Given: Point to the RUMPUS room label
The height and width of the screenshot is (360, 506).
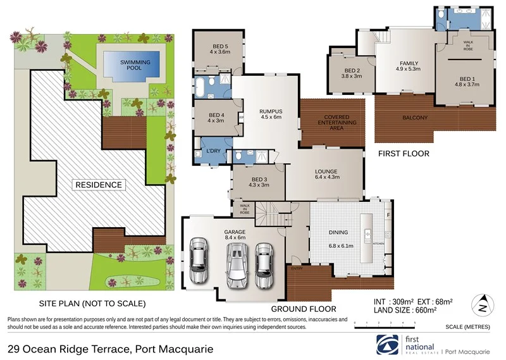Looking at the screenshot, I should [x=270, y=115].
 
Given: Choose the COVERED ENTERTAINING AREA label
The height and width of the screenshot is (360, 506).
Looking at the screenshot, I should [x=332, y=123].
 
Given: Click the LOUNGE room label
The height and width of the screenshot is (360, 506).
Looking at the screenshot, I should [x=326, y=175].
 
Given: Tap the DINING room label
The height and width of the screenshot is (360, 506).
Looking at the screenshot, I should [x=338, y=232].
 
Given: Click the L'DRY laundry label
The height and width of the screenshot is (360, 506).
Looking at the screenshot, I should [x=211, y=152].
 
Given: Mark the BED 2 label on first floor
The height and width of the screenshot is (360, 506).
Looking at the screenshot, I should [x=352, y=73].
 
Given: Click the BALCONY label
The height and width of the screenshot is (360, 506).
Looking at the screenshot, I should [x=415, y=118].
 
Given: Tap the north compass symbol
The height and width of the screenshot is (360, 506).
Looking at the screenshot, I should [x=484, y=304].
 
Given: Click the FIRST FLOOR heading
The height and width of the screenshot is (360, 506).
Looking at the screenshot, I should [x=403, y=154].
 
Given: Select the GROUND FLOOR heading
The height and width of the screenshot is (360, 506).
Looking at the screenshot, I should [x=303, y=309].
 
